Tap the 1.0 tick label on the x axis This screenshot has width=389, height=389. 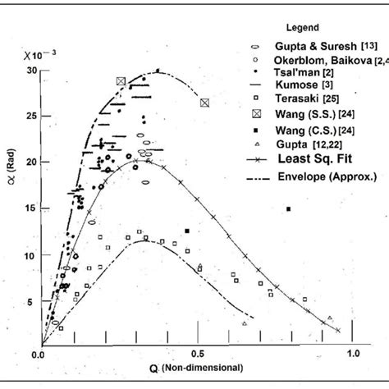click(354, 354)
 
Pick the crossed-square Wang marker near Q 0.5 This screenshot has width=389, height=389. click(204, 102)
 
